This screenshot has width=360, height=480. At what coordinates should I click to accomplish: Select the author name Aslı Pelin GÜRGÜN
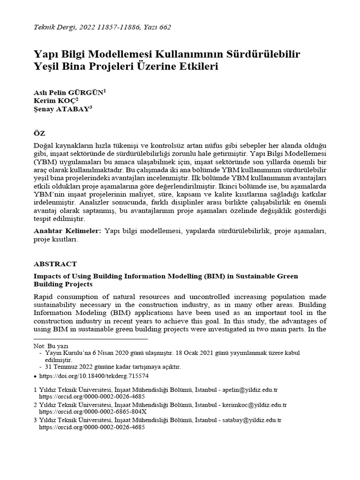click(x=68, y=92)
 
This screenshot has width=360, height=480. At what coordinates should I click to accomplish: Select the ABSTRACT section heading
click(x=55, y=264)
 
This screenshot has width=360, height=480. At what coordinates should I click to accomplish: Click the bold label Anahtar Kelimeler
click(x=67, y=231)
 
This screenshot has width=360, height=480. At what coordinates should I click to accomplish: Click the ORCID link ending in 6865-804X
click(x=93, y=412)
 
